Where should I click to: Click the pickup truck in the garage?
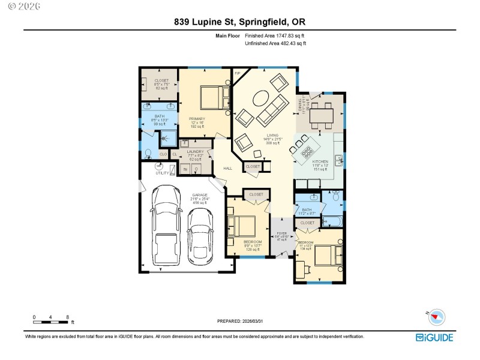166,227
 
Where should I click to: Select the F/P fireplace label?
237,73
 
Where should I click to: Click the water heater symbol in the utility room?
160,166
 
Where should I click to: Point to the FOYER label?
281,233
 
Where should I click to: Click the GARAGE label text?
199,195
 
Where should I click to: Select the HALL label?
227,169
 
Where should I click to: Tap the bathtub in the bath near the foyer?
334,223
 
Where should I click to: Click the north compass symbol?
436,317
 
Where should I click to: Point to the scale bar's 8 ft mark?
67,317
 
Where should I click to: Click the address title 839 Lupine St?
204,22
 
